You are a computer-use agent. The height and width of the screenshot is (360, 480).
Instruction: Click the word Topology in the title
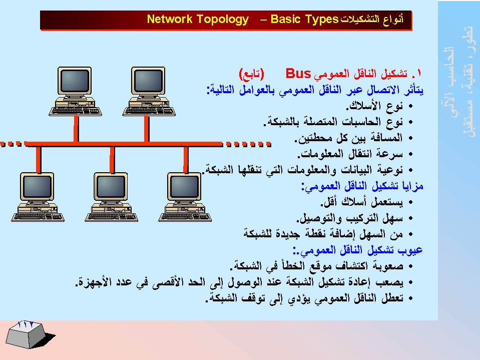point(222,20)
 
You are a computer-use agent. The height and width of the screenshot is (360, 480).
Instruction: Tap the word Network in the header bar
point(170,19)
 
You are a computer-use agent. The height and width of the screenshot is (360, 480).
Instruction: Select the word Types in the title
point(322,20)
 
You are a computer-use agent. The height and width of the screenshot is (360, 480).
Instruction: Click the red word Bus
point(298,74)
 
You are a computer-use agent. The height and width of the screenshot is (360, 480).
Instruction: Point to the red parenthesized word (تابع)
point(251,74)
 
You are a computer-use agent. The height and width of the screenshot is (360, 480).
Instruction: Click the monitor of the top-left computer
point(75,81)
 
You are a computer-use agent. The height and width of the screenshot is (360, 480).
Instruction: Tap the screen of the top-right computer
point(149,81)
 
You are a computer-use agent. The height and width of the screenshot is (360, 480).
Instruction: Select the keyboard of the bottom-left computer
point(38,217)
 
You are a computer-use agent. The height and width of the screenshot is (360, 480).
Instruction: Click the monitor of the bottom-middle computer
point(111,186)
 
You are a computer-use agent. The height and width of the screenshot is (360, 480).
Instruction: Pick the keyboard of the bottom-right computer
point(185,217)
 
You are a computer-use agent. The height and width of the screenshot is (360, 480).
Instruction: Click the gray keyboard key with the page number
point(27,334)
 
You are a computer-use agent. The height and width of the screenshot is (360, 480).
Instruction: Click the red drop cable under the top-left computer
point(76,129)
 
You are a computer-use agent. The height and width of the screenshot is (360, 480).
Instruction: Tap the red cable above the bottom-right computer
point(186,160)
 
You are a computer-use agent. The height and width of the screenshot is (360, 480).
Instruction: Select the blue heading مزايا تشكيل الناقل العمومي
point(362,186)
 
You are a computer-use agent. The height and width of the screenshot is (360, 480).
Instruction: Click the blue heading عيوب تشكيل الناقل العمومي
point(357,250)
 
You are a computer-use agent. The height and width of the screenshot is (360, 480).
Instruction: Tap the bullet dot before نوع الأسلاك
point(410,106)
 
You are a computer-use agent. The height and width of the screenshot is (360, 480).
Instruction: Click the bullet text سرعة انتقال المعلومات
point(350,154)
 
